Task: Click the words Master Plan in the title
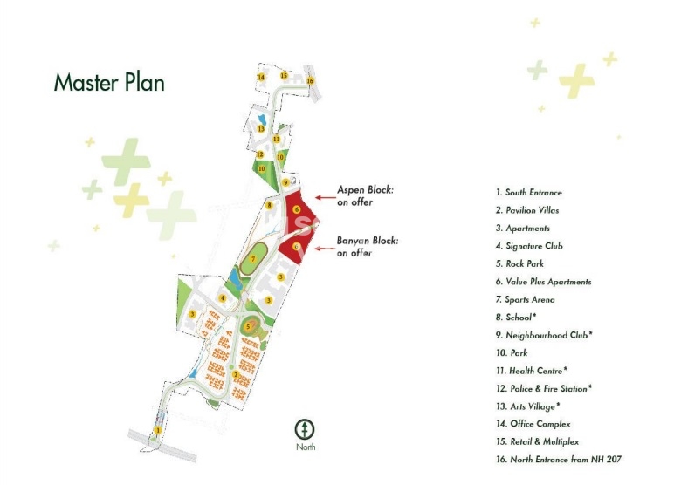tap(109, 83)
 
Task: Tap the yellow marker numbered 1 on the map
tap(158, 431)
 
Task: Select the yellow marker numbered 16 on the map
tap(310, 81)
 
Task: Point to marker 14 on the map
tap(261, 77)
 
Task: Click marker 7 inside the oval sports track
tap(253, 259)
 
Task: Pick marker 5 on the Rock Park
tap(248, 327)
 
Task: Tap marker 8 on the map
tap(271, 206)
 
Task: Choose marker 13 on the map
tap(260, 128)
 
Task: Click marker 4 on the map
tap(223, 298)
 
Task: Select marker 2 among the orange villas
tap(236, 375)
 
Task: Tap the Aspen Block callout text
tap(367, 195)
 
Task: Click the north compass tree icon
tap(305, 429)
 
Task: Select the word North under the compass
tap(305, 447)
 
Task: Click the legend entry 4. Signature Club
tap(529, 246)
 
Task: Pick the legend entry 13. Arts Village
tap(528, 406)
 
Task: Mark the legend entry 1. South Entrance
tap(529, 193)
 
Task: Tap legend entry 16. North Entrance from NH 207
tap(558, 459)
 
